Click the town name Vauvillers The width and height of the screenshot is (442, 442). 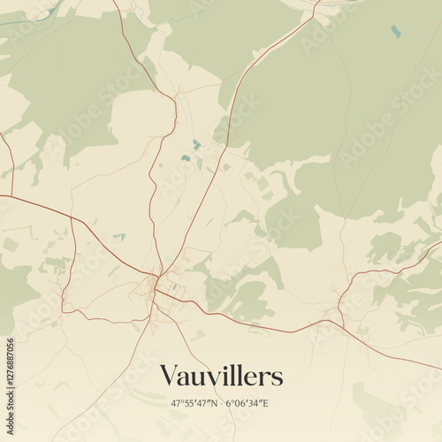[x=221, y=376]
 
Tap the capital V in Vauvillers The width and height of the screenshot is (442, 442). [x=169, y=376]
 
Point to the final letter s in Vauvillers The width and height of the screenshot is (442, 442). [x=278, y=378]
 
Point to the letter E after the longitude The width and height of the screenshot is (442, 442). [x=266, y=403]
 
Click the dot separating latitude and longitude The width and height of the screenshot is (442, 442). [x=222, y=403]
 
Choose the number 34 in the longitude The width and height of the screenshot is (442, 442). [x=255, y=403]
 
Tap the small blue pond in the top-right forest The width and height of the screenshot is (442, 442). [x=394, y=31]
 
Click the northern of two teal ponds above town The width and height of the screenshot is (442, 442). [x=196, y=143]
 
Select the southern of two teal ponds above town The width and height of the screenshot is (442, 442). [x=186, y=158]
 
